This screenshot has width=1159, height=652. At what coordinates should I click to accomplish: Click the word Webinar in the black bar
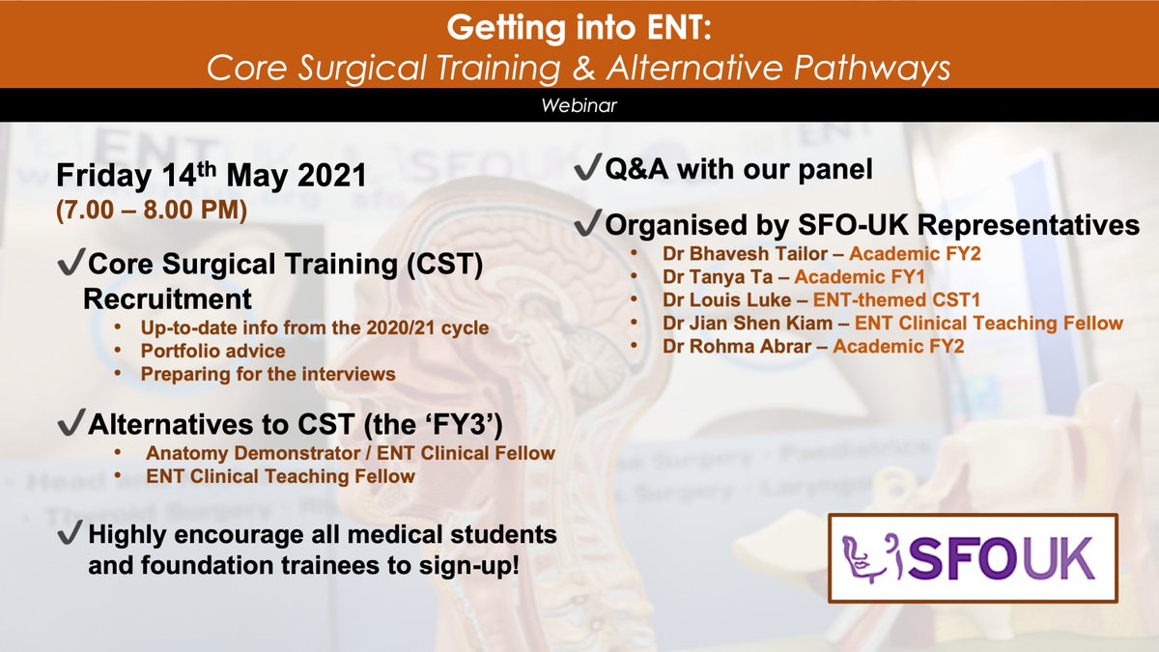pos(579,105)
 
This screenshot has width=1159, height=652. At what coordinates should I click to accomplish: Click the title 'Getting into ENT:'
pos(579,27)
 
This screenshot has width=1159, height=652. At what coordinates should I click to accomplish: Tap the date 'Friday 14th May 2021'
pos(212,175)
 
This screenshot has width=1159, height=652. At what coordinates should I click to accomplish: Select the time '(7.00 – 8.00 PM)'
pos(152,210)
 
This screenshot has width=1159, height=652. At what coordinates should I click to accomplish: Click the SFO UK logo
pos(973,558)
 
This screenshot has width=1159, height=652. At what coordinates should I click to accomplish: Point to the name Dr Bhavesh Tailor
pos(745,253)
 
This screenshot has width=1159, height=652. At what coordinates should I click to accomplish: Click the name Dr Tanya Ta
pos(718,277)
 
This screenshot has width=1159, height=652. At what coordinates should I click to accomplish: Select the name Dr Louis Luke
pos(727,299)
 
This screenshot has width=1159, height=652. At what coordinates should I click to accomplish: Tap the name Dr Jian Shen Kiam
pos(748,323)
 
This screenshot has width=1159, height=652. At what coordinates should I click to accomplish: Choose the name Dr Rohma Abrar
pos(737,346)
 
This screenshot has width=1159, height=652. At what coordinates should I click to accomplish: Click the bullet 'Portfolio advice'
pos(212,351)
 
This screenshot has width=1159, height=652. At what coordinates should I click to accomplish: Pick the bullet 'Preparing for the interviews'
pos(269,374)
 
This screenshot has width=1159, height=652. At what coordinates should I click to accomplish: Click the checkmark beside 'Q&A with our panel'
pos(588,166)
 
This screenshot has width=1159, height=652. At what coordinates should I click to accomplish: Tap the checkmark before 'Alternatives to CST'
pos(71,422)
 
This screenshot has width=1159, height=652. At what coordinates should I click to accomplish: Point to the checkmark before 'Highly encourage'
pos(71,532)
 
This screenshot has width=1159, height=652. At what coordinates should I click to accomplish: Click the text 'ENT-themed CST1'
pos(896,299)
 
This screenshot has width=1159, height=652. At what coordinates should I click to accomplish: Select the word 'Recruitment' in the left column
pos(167,299)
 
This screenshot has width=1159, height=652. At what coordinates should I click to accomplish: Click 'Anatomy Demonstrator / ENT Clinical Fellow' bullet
pos(351,453)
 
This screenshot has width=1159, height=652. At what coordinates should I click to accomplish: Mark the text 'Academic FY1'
pos(860,277)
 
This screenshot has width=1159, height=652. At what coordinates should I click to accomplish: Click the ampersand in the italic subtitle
pos(584,69)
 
